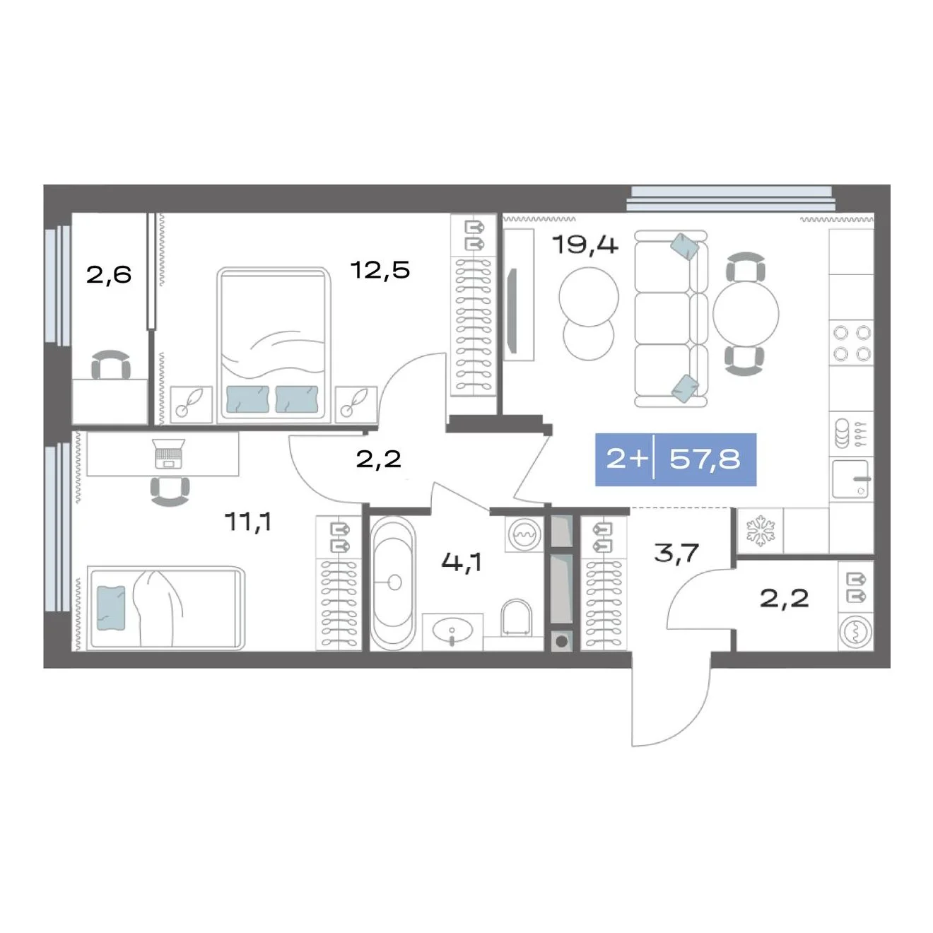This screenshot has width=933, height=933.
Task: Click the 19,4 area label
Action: click(x=585, y=245)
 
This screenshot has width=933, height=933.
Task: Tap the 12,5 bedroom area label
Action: click(x=380, y=270)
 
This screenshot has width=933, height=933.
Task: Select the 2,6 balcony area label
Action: click(x=109, y=275)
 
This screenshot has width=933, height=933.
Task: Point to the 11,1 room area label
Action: click(x=248, y=522)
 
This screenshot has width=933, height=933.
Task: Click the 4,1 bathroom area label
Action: click(x=462, y=562)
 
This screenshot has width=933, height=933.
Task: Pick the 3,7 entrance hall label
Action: click(x=676, y=553)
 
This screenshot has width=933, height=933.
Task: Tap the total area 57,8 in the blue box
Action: click(x=705, y=459)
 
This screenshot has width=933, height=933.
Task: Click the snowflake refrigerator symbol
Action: click(x=760, y=531)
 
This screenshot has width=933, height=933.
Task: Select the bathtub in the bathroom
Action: click(x=393, y=582)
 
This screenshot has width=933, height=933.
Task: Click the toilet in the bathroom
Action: click(x=516, y=618)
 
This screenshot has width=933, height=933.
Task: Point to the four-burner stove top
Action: click(x=852, y=344)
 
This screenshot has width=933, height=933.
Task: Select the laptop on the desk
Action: click(x=168, y=453)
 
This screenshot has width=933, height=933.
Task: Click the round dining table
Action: click(x=746, y=314)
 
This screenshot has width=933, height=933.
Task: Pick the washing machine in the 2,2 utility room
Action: click(x=855, y=631)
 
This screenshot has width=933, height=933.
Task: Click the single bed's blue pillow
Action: click(x=111, y=608)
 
